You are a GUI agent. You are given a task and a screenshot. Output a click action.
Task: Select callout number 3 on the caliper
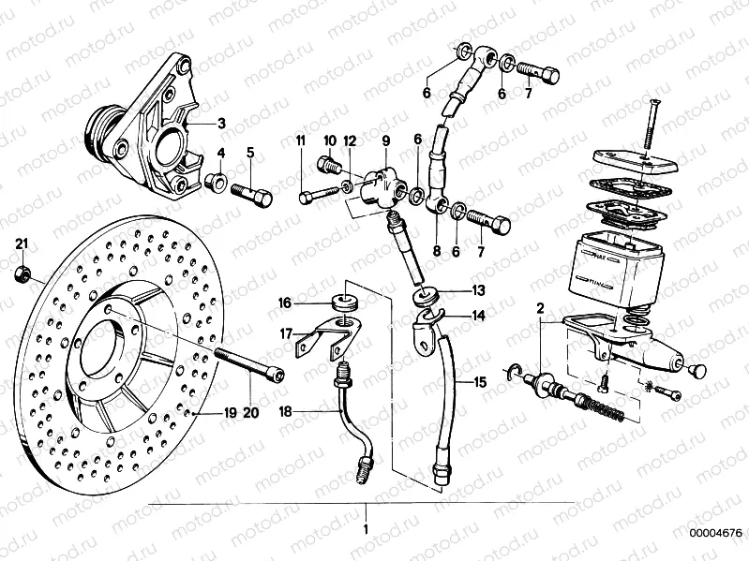tap(221, 123)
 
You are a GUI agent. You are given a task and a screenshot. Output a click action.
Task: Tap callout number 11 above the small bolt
tap(301, 140)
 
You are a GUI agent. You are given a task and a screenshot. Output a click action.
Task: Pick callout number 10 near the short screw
tap(329, 140)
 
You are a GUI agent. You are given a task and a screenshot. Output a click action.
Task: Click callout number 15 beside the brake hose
tap(479, 382)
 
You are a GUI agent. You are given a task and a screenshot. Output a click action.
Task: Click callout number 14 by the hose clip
tap(478, 317)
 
